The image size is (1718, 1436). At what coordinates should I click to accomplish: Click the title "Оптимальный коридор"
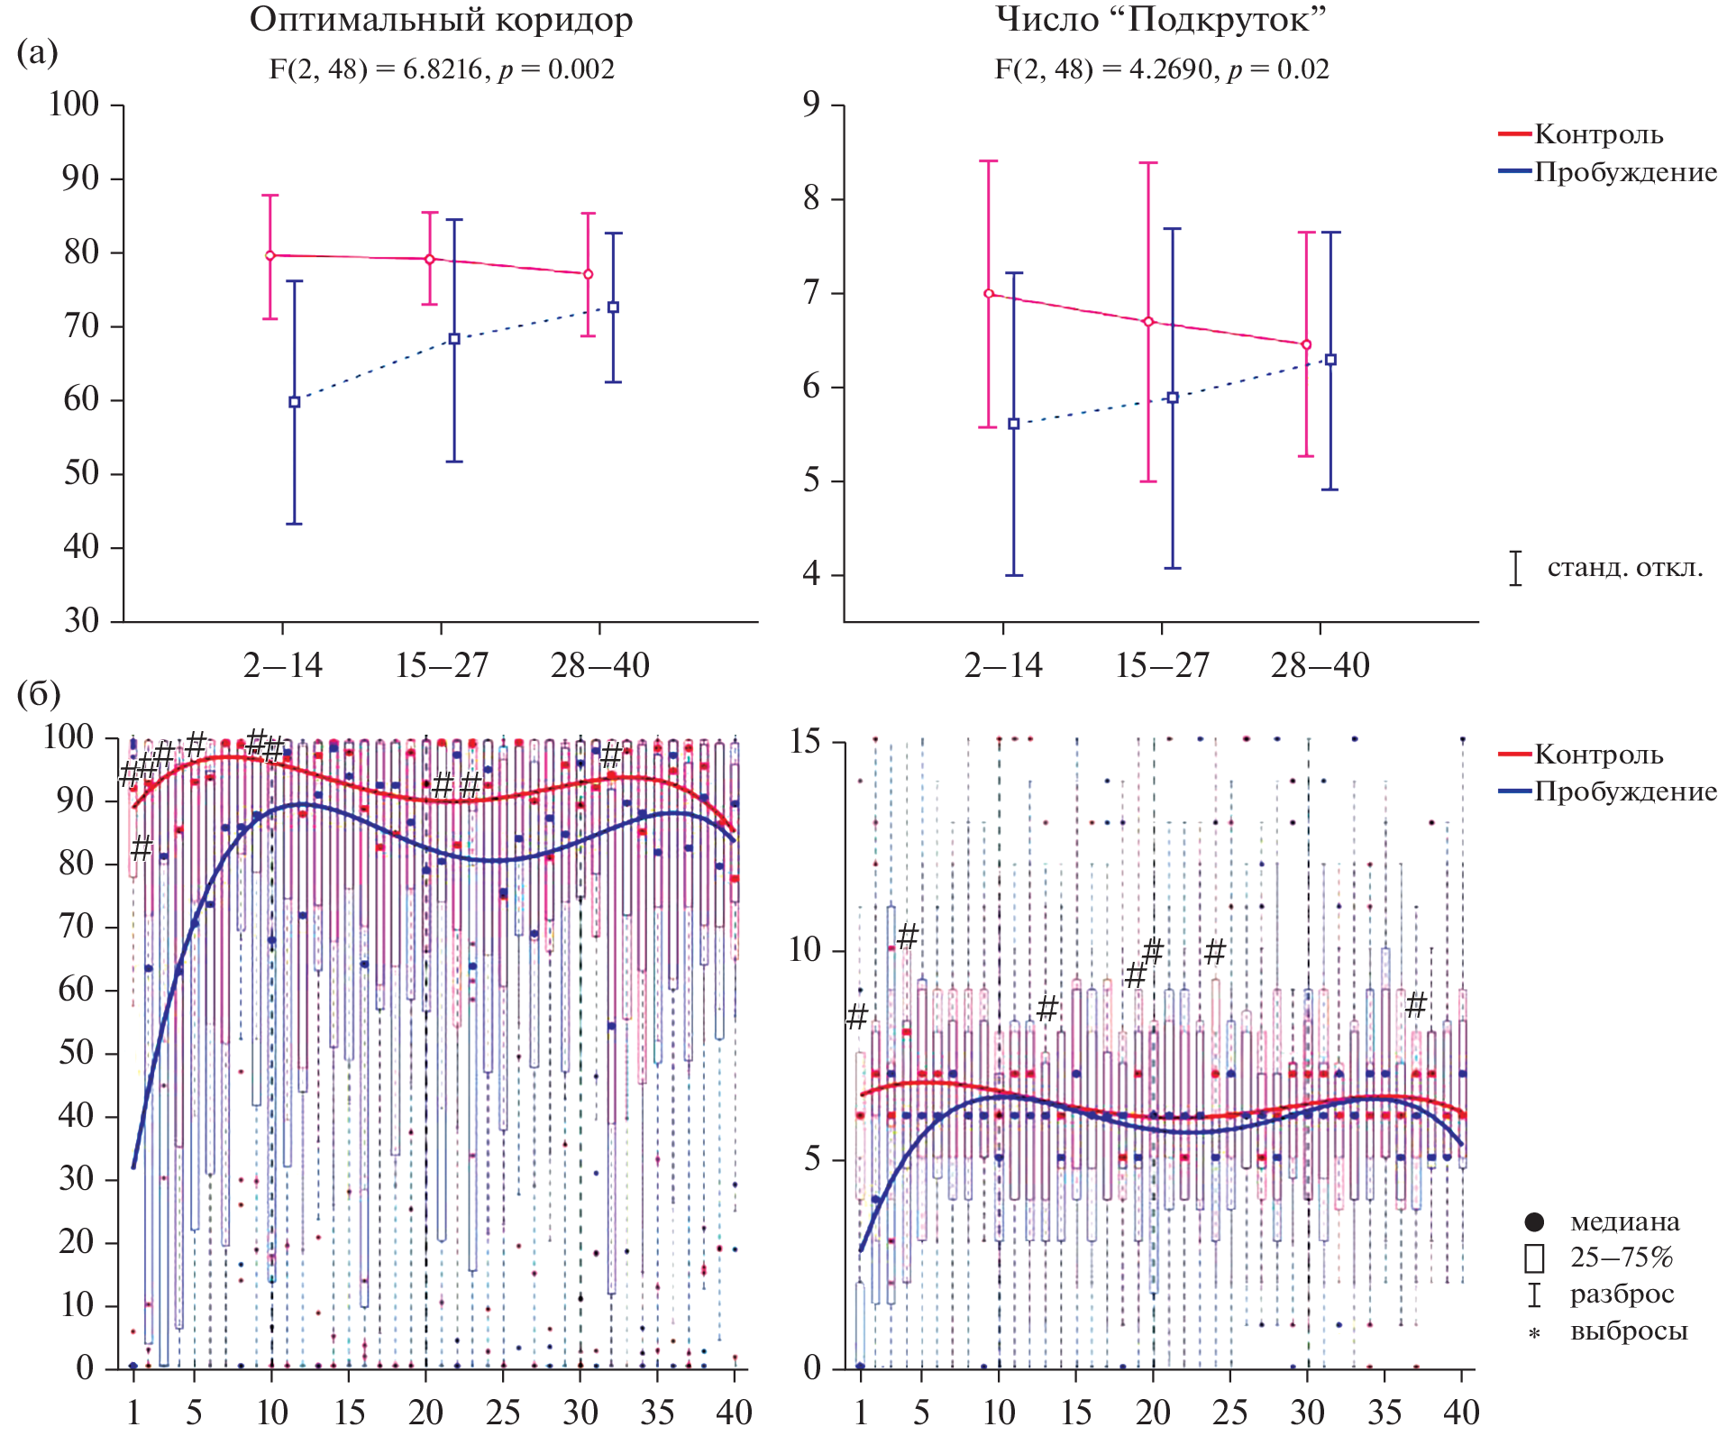point(441,20)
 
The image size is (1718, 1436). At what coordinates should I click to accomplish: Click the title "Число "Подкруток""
point(1161,20)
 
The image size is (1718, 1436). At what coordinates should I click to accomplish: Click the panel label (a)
point(37,52)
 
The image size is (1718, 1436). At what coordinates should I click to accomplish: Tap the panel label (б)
point(39,693)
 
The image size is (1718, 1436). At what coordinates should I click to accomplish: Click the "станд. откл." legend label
point(1625,568)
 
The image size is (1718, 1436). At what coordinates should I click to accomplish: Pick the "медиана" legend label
point(1624,1222)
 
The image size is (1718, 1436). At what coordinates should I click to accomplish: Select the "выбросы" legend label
point(1629,1331)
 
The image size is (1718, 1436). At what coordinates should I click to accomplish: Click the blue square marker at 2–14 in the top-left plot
point(295,402)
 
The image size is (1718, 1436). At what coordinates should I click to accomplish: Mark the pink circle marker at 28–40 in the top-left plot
point(588,274)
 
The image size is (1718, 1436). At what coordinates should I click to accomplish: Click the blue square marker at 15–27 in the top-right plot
point(1173,398)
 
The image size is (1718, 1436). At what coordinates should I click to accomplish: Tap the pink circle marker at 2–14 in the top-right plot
point(989,294)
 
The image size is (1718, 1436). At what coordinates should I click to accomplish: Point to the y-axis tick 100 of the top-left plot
point(74,105)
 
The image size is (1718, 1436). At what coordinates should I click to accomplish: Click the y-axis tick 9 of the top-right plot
point(812,105)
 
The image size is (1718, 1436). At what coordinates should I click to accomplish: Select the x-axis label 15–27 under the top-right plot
point(1162,666)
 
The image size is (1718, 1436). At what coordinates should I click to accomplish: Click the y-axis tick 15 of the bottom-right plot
point(805,742)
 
